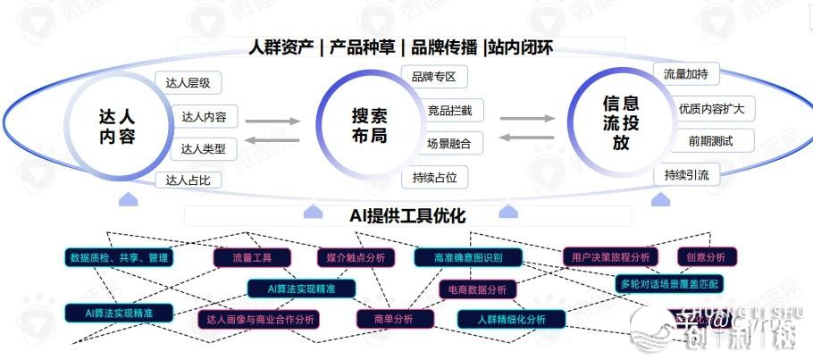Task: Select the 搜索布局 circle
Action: [x=369, y=126]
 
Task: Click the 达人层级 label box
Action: [x=188, y=82]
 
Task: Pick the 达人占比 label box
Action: [x=188, y=180]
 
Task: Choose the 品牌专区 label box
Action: [x=433, y=77]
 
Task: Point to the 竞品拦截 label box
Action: [x=455, y=111]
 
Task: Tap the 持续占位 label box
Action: [x=434, y=178]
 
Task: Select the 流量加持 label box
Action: [x=686, y=73]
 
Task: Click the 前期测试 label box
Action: [x=709, y=141]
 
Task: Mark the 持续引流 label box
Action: [x=686, y=175]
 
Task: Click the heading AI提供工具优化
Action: [x=407, y=216]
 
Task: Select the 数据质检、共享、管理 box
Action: [x=119, y=257]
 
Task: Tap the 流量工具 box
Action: [x=252, y=257]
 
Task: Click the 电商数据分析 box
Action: [x=477, y=289]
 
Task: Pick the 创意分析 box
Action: [x=706, y=257]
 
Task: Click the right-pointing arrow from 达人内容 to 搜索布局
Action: [x=273, y=121]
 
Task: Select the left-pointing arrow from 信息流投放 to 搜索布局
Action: [x=527, y=137]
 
